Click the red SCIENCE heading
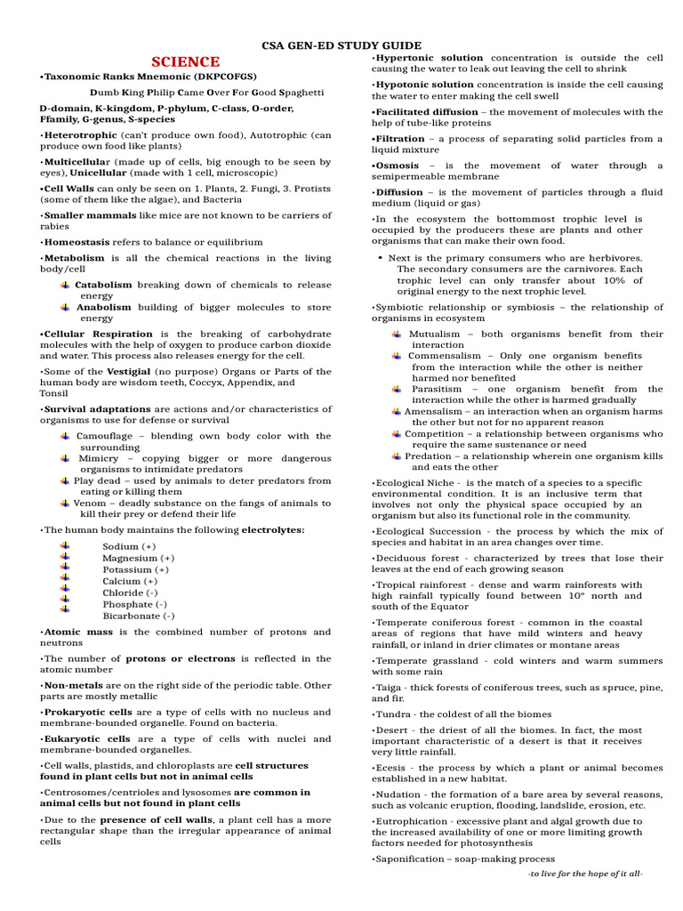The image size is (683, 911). coord(185,61)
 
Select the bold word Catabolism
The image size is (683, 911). coord(103,285)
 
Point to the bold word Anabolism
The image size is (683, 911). coord(103,307)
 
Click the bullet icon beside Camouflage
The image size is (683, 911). coord(66,436)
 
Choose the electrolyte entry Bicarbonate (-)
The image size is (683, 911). coord(138,616)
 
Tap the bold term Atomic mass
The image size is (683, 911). coord(72,632)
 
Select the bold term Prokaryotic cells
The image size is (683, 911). coord(85,713)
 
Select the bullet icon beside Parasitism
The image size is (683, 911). coord(397,389)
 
